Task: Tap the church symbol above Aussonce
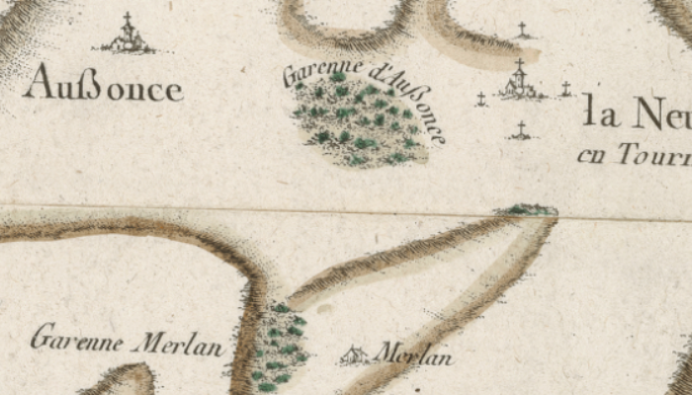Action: [x=128, y=39]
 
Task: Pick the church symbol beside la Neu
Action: [x=520, y=83]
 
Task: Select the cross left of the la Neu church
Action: [x=481, y=99]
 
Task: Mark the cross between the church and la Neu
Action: [x=565, y=89]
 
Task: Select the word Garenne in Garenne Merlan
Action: [x=77, y=340]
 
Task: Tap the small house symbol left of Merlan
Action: [x=352, y=355]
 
